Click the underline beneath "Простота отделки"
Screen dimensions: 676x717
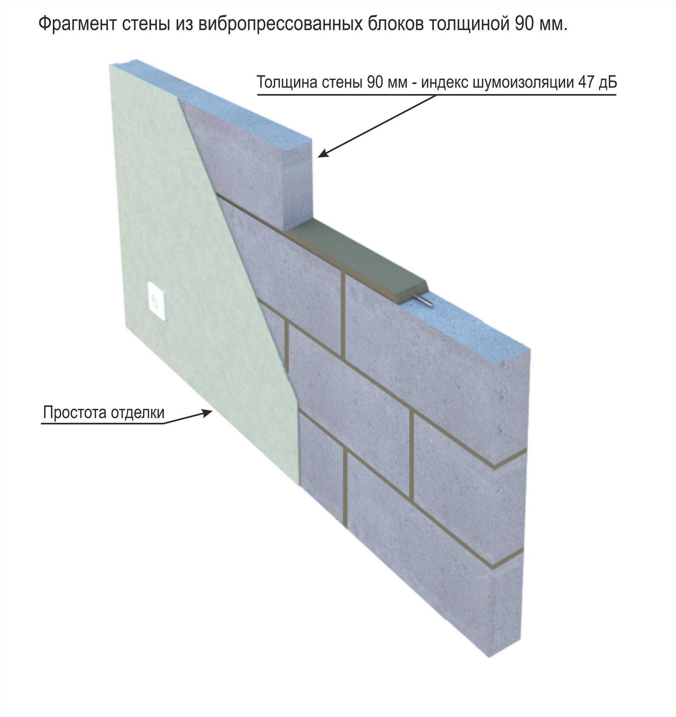[102, 423]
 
